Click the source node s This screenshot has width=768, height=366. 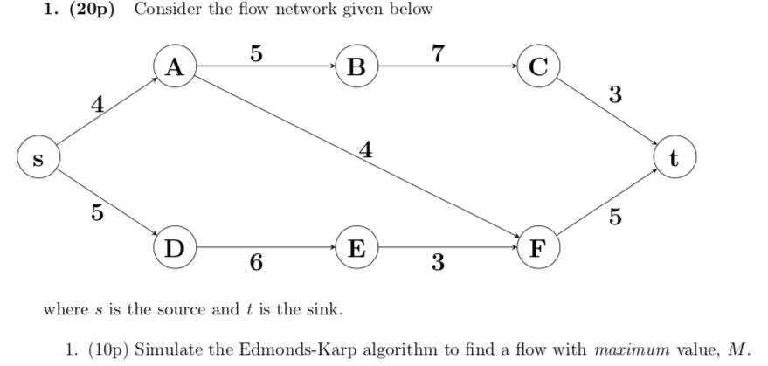35,160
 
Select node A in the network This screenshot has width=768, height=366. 174,69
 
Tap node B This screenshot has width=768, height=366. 357,69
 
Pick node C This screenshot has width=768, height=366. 538,69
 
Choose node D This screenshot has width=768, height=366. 174,248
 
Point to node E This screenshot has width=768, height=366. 357,248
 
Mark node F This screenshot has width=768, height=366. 538,248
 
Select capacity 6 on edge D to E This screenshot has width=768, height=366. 254,262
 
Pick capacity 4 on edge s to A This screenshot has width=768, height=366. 99,107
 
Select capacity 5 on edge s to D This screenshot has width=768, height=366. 97,211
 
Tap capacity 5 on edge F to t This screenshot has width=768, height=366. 615,218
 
